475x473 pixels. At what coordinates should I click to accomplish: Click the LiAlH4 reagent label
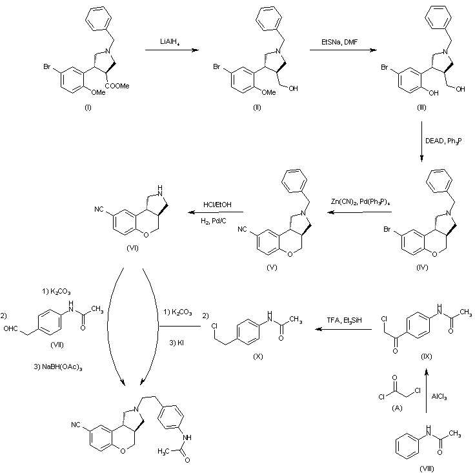(x=170, y=42)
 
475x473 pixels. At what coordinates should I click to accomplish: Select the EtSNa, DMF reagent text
(x=339, y=42)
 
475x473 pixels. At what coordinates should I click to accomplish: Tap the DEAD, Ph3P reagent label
(x=443, y=141)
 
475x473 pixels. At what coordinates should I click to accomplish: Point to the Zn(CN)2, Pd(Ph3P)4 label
(x=360, y=202)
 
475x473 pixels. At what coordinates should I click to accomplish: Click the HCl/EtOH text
(x=217, y=205)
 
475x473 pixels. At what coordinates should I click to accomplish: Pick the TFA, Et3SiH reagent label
(x=344, y=320)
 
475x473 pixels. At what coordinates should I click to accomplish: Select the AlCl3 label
(x=439, y=397)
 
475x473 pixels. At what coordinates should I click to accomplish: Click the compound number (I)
(x=88, y=107)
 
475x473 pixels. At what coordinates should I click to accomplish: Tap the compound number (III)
(x=421, y=107)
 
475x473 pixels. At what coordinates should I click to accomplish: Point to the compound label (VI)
(x=132, y=248)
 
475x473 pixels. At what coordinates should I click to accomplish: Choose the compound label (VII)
(x=57, y=345)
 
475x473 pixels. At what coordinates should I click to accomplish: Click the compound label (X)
(x=258, y=356)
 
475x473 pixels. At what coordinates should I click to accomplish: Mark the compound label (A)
(x=397, y=408)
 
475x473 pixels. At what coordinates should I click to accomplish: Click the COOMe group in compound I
(x=117, y=86)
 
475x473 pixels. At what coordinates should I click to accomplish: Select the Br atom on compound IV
(x=387, y=229)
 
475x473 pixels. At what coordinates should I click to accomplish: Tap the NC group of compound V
(x=243, y=229)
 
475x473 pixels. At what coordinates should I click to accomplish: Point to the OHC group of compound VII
(x=10, y=328)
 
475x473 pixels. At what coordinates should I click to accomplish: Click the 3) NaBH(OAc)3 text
(x=58, y=367)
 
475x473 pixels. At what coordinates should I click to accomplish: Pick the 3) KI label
(x=177, y=343)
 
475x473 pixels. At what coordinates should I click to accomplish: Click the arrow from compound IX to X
(x=343, y=329)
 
